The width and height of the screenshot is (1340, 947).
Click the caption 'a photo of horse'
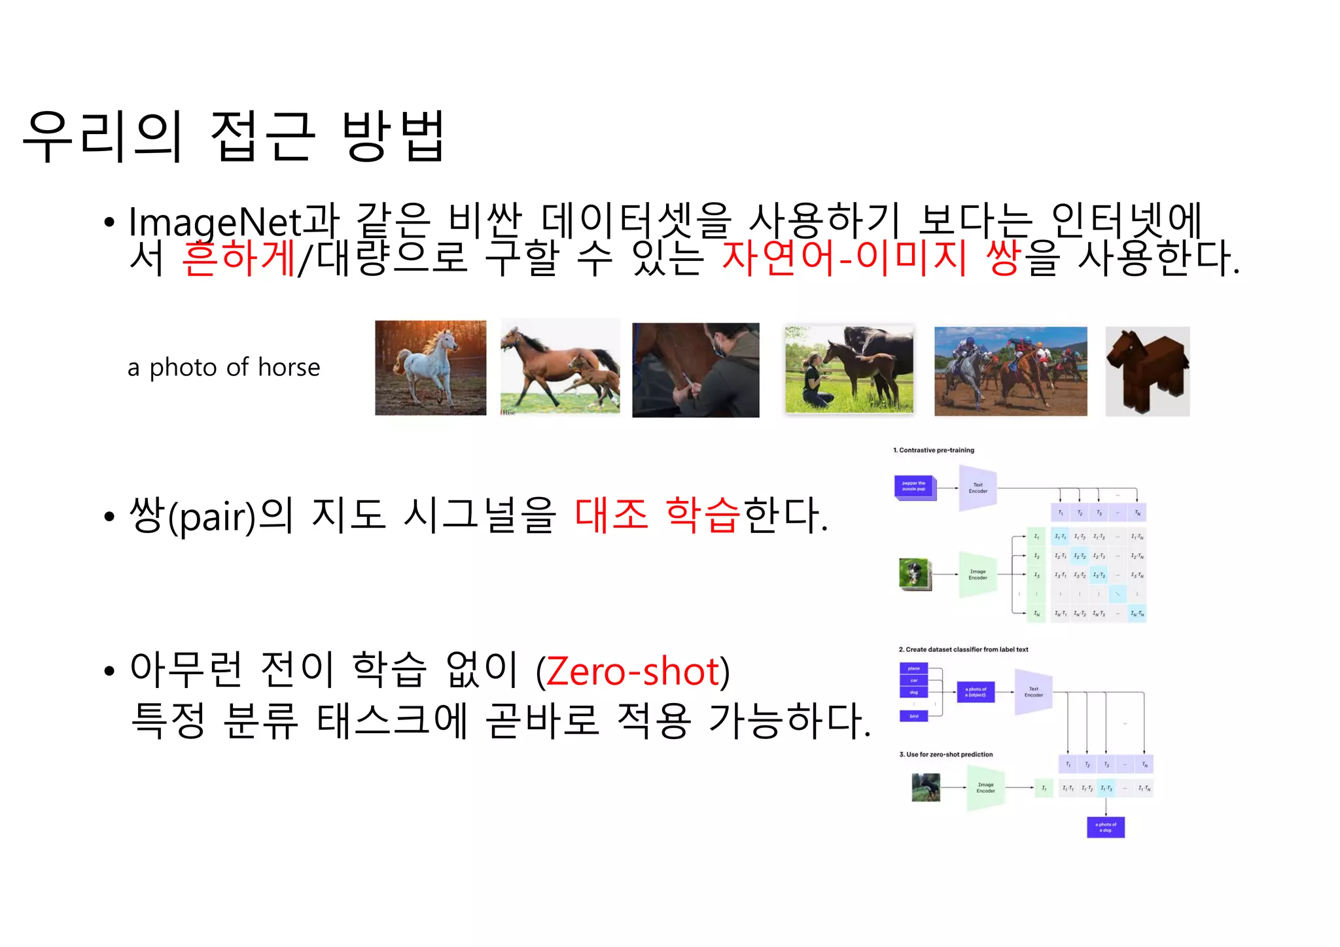pos(224,368)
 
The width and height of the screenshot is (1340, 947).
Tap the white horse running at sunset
pos(430,368)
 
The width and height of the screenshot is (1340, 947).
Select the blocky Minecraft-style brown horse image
pos(1147,371)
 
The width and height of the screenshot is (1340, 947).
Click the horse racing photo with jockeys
pos(1010,371)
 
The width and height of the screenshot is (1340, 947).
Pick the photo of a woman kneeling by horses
pos(849,370)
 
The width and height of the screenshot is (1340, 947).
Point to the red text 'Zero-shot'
pos(633,672)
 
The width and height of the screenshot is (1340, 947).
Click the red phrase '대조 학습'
pos(657,514)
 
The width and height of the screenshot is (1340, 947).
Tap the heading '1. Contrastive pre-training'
pos(933,450)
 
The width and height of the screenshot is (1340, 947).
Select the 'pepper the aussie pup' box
pos(913,487)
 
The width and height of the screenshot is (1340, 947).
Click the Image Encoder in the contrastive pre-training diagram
pos(978,574)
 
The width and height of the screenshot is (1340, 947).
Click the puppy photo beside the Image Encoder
pos(914,574)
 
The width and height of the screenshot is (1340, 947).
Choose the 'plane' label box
pos(913,668)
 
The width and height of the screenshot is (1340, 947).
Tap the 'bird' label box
pos(913,716)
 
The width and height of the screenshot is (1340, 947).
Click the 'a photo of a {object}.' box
pos(976,692)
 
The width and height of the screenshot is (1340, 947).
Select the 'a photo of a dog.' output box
pos(1105,827)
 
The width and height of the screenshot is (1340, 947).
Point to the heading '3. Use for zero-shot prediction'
pos(945,755)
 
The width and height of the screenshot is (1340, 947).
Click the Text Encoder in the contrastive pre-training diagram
pos(978,488)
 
